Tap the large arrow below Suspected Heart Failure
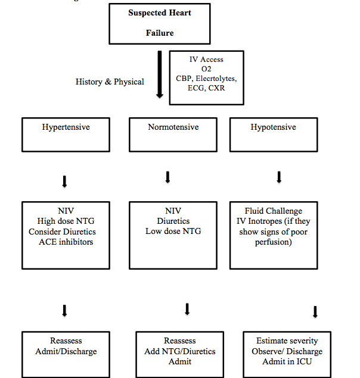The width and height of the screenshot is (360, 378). [160, 74]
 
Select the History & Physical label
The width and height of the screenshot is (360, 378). [110, 82]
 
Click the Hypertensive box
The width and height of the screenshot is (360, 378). [66, 135]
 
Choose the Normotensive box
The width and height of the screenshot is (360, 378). [173, 135]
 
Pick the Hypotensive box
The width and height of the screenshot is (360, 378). [273, 135]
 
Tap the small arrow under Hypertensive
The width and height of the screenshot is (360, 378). [65, 181]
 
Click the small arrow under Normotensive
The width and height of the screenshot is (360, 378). [168, 177]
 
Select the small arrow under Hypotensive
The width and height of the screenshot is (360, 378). [279, 177]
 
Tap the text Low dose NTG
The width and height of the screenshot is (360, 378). [173, 231]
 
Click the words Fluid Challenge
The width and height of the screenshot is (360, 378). [274, 211]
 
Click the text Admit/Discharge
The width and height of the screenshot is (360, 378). [66, 351]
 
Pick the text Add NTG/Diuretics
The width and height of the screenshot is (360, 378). [179, 351]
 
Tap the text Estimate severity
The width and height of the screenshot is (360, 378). [287, 341]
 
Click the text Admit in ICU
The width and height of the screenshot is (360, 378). [287, 361]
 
